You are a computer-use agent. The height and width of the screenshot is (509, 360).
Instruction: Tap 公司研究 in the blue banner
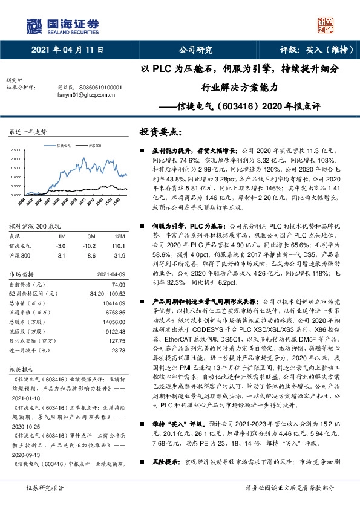(x=196, y=50)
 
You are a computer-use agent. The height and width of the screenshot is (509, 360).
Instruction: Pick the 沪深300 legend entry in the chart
(x=95, y=146)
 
